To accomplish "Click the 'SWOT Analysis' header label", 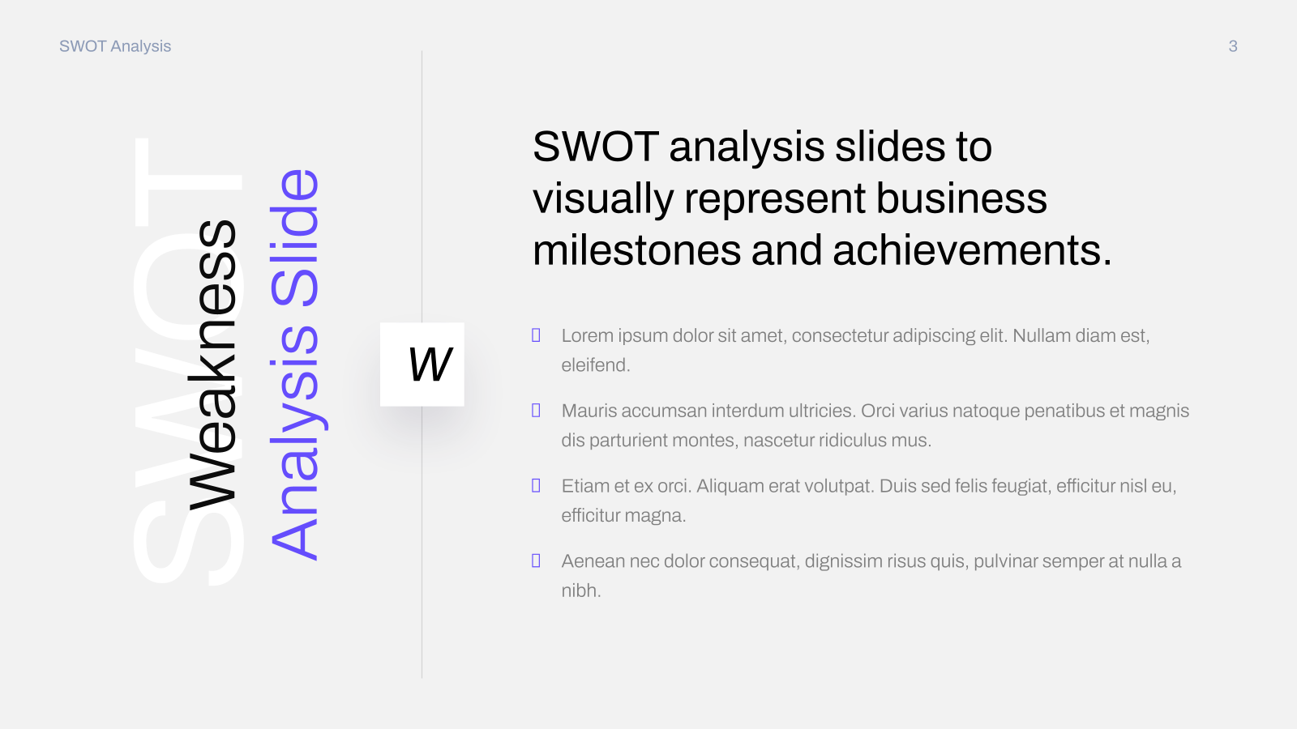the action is pyautogui.click(x=115, y=46).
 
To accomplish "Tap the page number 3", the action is pyautogui.click(x=1233, y=46).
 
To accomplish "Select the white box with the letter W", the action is pyautogui.click(x=422, y=364).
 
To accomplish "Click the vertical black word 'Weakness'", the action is pyautogui.click(x=212, y=365).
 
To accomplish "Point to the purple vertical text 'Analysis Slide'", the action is pyautogui.click(x=295, y=365).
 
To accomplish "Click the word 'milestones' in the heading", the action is pyautogui.click(x=636, y=250).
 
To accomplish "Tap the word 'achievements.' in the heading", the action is pyautogui.click(x=972, y=250).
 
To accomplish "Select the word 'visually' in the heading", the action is pyautogui.click(x=603, y=199).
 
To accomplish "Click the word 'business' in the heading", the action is pyautogui.click(x=961, y=198).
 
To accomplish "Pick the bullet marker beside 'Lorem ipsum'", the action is pyautogui.click(x=536, y=335).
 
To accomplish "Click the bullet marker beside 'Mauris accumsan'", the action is pyautogui.click(x=536, y=411).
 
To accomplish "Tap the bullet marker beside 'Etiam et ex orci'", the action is pyautogui.click(x=536, y=486).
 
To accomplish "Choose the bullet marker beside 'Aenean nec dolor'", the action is pyautogui.click(x=536, y=561).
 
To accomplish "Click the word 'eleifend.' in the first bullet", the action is pyautogui.click(x=595, y=365).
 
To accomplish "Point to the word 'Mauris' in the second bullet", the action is pyautogui.click(x=589, y=411).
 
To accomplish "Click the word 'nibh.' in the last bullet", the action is pyautogui.click(x=580, y=590).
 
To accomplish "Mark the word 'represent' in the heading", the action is pyautogui.click(x=775, y=199).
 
